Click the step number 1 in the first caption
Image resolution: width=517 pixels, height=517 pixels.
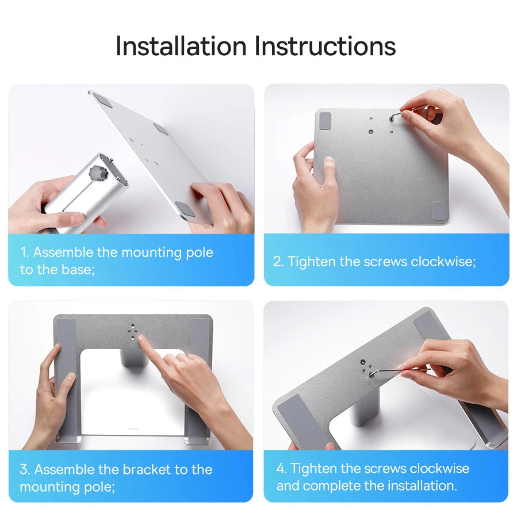24,252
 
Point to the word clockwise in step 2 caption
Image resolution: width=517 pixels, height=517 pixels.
443,262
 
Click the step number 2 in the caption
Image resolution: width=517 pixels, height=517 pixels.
277,262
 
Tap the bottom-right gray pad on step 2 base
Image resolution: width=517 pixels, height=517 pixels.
438,210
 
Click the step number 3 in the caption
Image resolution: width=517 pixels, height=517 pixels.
24,469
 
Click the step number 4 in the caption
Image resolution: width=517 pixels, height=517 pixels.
280,468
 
